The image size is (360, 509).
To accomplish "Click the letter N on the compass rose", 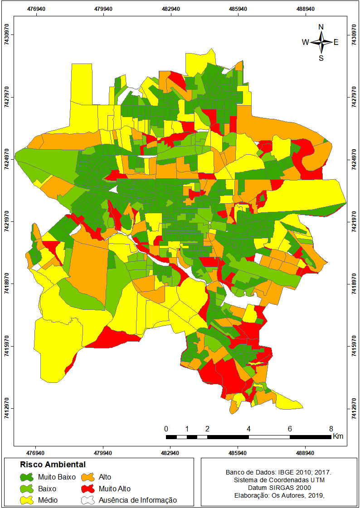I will pos(321,27).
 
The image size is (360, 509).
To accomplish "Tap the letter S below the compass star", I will pos(321,58).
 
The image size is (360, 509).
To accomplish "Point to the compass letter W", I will pos(306,42).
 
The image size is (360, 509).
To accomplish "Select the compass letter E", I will pos(336,42).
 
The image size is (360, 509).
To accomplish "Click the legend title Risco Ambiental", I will pos(53,465).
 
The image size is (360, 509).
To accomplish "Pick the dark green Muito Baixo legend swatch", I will pos(27,477).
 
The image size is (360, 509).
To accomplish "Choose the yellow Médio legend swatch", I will pos(27,500).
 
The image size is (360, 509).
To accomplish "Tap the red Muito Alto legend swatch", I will pos(88,489).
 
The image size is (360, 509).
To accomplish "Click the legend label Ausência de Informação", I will pos(138,500).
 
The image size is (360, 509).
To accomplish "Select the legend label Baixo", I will pos(47,489).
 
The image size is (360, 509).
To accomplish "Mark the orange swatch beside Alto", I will pos(88,477).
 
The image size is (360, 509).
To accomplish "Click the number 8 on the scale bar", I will pos(331,429).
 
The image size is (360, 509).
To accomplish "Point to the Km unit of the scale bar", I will pos(338,436).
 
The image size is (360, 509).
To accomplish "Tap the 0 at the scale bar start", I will pos(166,429).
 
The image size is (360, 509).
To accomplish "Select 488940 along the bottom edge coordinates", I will pos(305,452).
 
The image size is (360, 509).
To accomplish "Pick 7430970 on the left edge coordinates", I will pos(7,35).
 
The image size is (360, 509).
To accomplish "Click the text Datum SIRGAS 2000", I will pos(276,488).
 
